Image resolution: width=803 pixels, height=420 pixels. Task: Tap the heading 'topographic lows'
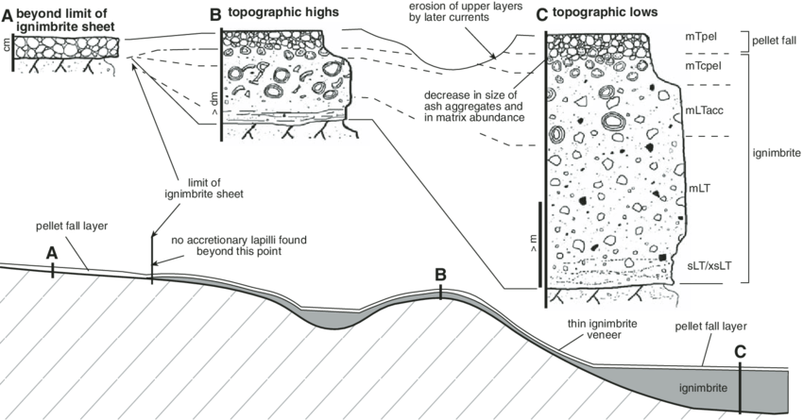click(602, 14)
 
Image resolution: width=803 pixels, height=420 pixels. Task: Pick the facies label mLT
click(700, 189)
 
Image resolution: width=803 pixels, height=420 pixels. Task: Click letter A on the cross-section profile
click(52, 253)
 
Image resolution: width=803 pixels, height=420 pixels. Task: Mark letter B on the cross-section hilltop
click(440, 275)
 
